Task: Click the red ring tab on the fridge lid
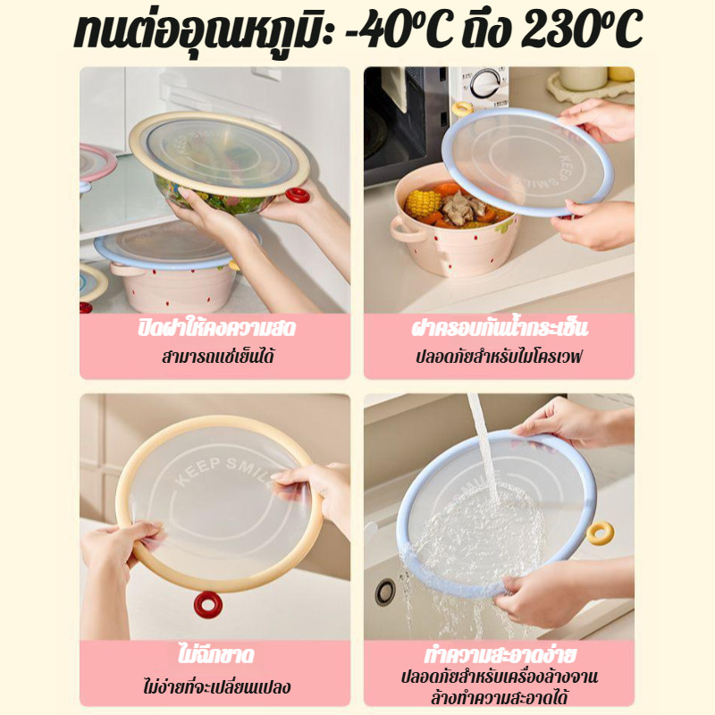point(298,196)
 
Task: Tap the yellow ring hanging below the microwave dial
point(462,109)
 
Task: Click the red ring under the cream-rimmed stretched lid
point(208,605)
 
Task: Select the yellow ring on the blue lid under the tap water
point(600,534)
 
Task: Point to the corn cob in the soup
point(423,203)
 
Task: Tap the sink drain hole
point(385,593)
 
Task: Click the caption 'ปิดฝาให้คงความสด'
point(216,328)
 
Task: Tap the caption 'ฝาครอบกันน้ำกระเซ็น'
point(500,328)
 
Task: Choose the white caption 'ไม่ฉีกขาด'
point(215,655)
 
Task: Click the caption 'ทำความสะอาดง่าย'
point(500,655)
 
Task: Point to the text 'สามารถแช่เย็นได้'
point(218,357)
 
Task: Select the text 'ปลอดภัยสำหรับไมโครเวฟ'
point(499,357)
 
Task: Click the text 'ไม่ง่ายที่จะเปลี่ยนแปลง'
point(216,686)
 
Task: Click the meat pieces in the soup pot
point(460,206)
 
